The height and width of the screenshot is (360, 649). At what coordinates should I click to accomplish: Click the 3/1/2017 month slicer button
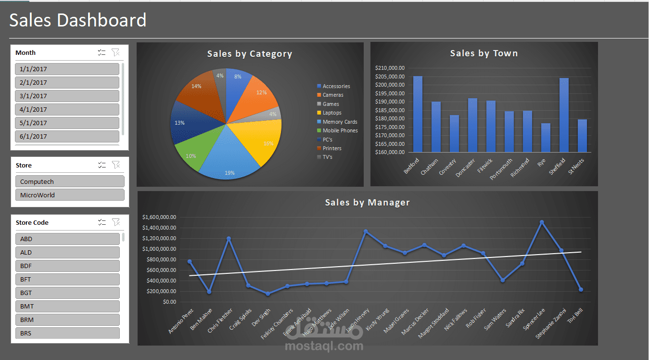tap(67, 96)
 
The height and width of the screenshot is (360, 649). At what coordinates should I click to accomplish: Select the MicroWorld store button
tap(70, 195)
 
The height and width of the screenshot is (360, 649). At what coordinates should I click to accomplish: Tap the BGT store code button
tap(67, 293)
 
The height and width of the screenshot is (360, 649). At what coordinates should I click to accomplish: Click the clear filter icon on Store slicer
tap(115, 165)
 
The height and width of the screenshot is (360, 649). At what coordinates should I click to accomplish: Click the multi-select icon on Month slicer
tap(102, 52)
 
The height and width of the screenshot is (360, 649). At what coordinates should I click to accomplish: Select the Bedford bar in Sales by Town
tap(418, 114)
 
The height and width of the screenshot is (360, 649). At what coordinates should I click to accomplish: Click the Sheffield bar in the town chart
tap(564, 115)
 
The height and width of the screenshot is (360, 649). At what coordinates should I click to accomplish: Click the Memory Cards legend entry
tap(340, 122)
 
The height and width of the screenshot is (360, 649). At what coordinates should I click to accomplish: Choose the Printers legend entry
tap(332, 148)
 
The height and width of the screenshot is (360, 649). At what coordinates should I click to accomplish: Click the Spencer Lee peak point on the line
tap(542, 222)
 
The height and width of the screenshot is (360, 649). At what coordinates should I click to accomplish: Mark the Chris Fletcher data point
tap(229, 238)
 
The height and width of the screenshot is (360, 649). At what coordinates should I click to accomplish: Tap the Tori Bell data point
tap(581, 290)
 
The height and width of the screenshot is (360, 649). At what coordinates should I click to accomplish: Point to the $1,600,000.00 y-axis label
tap(159, 217)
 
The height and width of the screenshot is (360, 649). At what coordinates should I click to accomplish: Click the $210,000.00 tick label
tap(390, 68)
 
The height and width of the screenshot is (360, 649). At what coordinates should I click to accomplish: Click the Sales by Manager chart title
tap(367, 203)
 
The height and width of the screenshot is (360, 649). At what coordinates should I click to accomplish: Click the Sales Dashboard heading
tap(78, 20)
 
